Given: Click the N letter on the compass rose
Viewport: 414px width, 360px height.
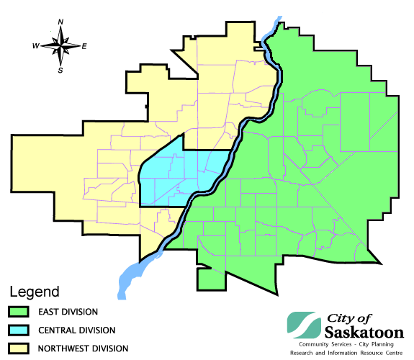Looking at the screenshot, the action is (x=61, y=23).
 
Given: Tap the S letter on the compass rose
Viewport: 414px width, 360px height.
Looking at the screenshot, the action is (x=60, y=71).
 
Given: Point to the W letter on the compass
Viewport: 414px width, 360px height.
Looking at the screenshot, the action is (x=35, y=46).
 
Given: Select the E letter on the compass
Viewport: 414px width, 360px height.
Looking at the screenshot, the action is (x=84, y=46).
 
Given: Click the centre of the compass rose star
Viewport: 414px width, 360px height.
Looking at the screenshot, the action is (x=60, y=46).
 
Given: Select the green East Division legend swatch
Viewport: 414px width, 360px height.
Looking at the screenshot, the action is (x=18, y=312).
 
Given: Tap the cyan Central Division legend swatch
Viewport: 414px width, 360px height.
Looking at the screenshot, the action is (x=18, y=330).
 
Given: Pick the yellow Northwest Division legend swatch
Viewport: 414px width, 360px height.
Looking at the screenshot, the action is (x=18, y=348).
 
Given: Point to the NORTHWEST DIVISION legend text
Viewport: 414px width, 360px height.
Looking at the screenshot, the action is (x=89, y=348).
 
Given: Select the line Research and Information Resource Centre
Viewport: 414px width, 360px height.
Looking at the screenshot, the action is (x=346, y=354).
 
